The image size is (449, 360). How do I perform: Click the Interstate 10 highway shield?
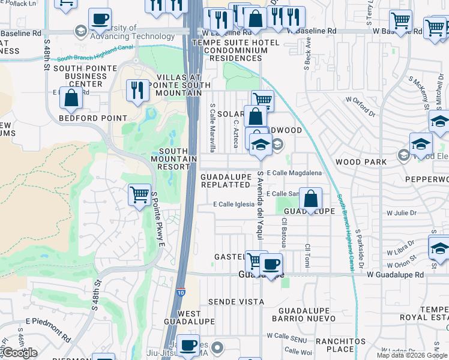tap(181, 292)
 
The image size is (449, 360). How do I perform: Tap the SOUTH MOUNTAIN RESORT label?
tap(178, 159)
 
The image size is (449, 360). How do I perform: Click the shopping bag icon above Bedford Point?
tap(71, 99)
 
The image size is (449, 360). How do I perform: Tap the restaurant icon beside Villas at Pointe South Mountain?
tap(137, 91)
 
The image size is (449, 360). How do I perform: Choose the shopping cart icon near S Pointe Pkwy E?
tap(139, 194)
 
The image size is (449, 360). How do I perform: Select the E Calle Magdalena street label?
tap(294, 173)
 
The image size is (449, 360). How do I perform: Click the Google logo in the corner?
tap(20, 353)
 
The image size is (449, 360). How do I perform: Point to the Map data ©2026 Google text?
tap(412, 355)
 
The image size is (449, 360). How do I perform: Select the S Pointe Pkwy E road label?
tap(158, 215)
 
